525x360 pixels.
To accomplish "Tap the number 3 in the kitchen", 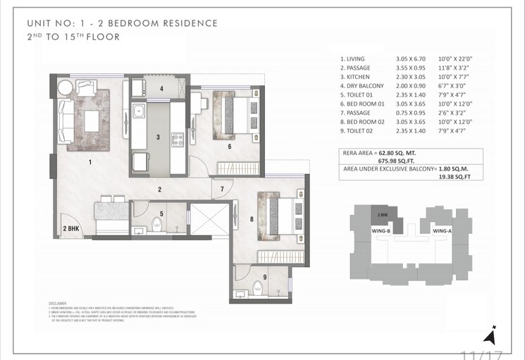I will click(159, 137).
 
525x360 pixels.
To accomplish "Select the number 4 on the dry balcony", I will click(161, 89).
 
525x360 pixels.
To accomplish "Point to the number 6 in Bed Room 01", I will click(229, 147).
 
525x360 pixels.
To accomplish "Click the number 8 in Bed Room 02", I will click(251, 219).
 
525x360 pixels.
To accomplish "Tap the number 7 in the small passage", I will click(221, 189).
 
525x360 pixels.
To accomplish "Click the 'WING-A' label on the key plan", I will click(442, 230).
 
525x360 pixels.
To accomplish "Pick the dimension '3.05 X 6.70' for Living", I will click(412, 59).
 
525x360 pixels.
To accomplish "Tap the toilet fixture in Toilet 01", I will click(158, 224).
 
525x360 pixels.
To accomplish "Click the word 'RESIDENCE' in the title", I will click(183, 23).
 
